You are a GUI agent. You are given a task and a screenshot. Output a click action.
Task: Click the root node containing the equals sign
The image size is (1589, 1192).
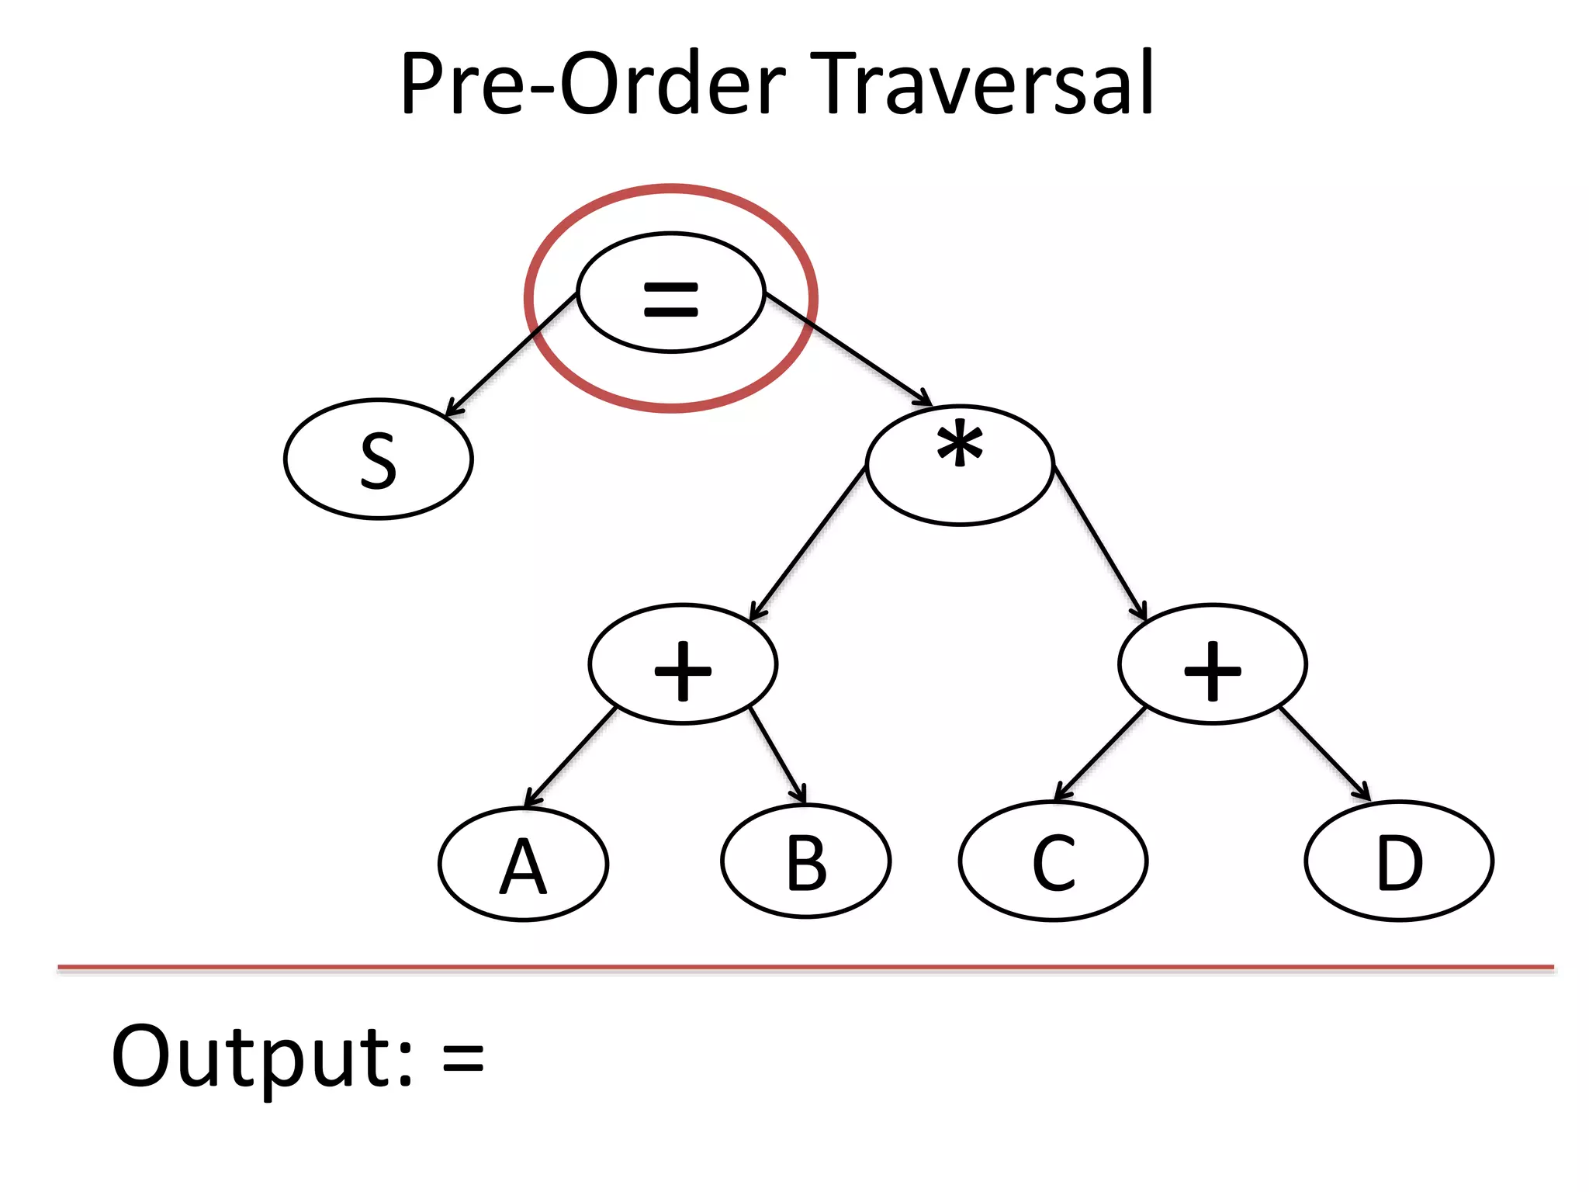tap(671, 293)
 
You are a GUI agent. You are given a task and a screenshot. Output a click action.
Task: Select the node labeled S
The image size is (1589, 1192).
tap(379, 459)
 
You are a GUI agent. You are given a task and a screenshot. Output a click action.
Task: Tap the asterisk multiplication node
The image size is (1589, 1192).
tap(960, 465)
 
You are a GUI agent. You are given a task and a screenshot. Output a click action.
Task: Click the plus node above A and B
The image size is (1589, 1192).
tap(683, 664)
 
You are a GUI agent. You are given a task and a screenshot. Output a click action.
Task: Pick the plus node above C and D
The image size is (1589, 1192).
tap(1212, 664)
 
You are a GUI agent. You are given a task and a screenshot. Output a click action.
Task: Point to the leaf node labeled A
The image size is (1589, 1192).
tap(523, 864)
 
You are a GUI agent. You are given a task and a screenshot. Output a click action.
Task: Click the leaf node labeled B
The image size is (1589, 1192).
tap(806, 861)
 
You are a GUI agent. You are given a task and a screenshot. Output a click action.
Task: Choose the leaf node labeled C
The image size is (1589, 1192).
tap(1053, 861)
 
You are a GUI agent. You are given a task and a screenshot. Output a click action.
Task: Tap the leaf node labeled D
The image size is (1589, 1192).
tap(1399, 861)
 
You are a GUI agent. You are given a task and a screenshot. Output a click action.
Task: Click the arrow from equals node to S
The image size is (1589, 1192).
tap(512, 354)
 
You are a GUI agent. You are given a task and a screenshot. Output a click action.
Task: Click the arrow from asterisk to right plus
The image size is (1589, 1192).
tap(1099, 543)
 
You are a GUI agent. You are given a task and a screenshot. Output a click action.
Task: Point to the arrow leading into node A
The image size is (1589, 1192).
tap(571, 757)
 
